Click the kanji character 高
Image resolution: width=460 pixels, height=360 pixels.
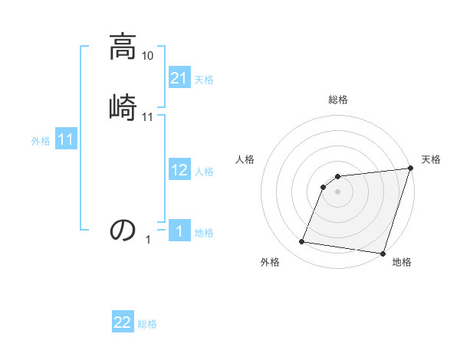coord(123,47)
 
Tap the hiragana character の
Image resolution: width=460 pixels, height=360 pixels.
coord(123,230)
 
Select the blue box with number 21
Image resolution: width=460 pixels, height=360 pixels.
coord(179,77)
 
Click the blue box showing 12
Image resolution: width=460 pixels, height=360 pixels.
coord(179,170)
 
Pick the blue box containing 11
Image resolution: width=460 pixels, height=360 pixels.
coord(66,140)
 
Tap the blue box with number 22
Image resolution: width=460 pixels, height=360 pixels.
coord(123,322)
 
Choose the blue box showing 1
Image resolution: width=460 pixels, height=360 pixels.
coord(179,231)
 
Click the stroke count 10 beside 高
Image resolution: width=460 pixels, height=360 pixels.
coord(148,56)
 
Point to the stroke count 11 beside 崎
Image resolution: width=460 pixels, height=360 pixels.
coord(148,117)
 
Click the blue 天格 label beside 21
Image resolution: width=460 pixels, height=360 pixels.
coord(204,79)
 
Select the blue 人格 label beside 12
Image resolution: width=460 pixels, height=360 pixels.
coord(204,172)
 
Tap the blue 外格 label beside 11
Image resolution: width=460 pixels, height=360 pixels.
coord(41,141)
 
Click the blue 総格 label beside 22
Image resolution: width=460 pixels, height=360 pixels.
coord(147,324)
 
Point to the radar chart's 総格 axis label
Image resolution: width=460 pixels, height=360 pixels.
coord(338,100)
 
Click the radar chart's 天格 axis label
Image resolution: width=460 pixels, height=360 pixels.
coord(431,159)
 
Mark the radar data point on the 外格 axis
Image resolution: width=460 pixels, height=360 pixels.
coord(302,242)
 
